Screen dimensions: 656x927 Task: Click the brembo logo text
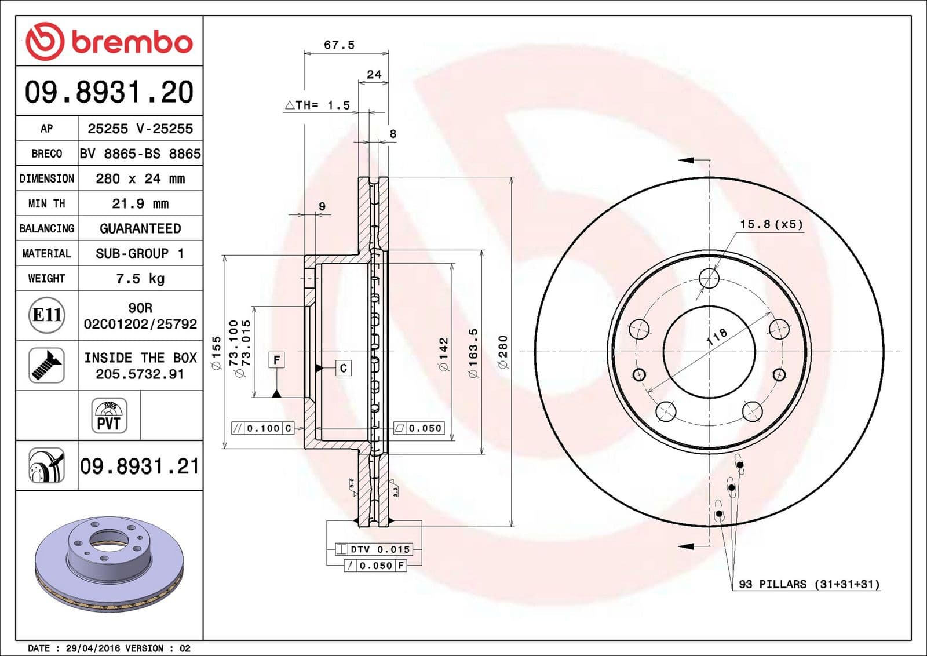pyautogui.click(x=132, y=42)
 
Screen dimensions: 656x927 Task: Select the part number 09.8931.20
pyautogui.click(x=109, y=92)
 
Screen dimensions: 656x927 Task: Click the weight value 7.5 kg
pyautogui.click(x=140, y=278)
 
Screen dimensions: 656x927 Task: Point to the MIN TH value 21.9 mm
pyautogui.click(x=140, y=203)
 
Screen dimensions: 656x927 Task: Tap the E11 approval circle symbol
pyautogui.click(x=46, y=315)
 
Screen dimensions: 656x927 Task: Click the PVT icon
pyautogui.click(x=109, y=416)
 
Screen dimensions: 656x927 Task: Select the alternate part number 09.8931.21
pyautogui.click(x=140, y=466)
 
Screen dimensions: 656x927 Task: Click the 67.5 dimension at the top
pyautogui.click(x=339, y=45)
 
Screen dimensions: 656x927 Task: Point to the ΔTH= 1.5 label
pyautogui.click(x=317, y=105)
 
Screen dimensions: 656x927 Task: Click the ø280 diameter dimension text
pyautogui.click(x=503, y=352)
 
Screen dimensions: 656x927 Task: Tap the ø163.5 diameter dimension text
pyautogui.click(x=473, y=353)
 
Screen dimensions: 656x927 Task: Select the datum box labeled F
pyautogui.click(x=277, y=360)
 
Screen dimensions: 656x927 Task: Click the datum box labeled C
pyautogui.click(x=344, y=368)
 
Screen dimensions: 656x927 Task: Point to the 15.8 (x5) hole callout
pyautogui.click(x=771, y=224)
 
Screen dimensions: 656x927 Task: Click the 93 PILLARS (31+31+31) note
pyautogui.click(x=809, y=584)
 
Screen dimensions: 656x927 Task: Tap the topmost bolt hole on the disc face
pyautogui.click(x=709, y=278)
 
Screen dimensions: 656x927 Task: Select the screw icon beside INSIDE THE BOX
pyautogui.click(x=46, y=365)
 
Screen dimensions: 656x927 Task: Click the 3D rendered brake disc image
pyautogui.click(x=109, y=562)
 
